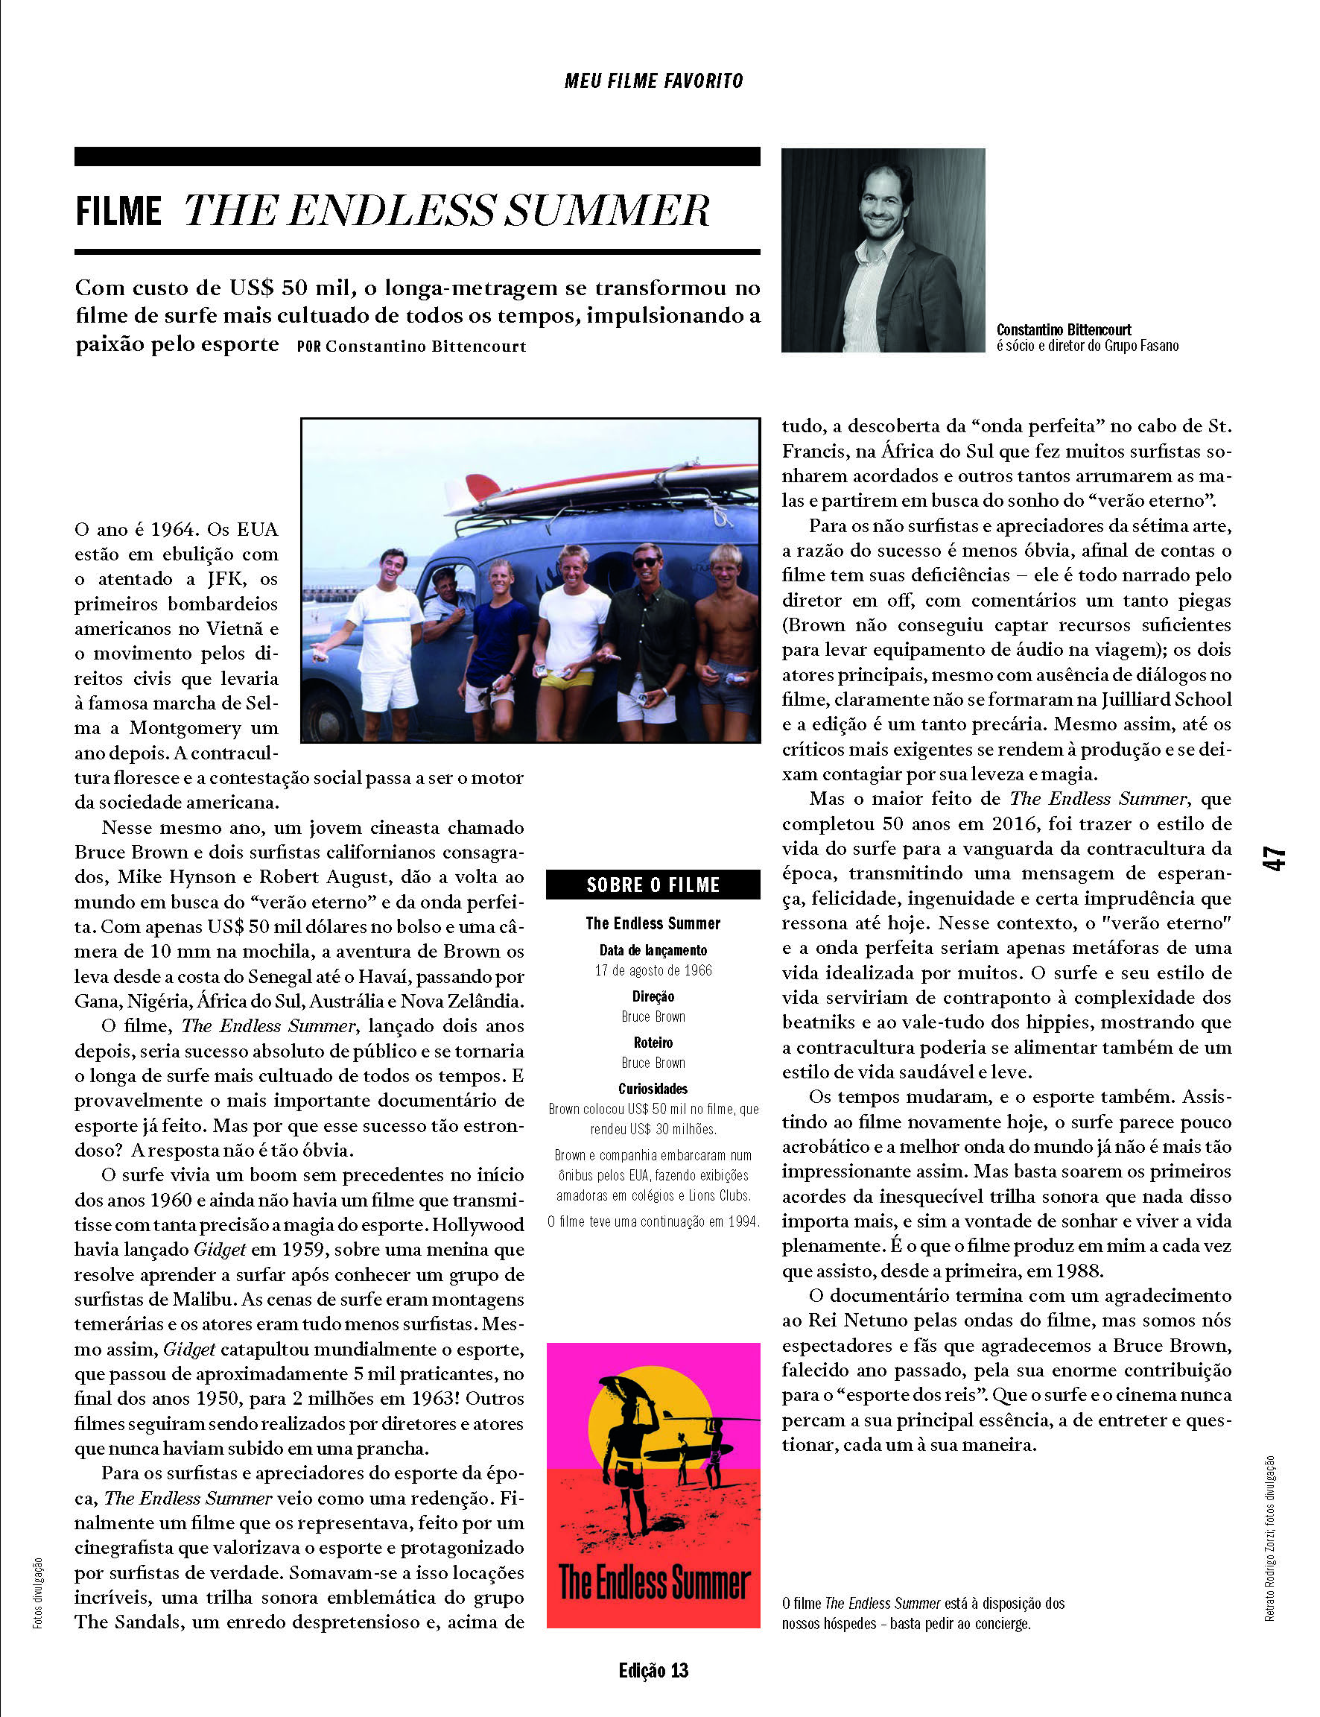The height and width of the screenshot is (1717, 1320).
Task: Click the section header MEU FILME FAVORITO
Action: click(653, 81)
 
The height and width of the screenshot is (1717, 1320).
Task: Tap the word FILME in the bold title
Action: click(118, 212)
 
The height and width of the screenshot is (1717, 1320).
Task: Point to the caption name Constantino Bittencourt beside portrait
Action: click(1063, 330)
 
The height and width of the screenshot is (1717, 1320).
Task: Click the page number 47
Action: click(1274, 858)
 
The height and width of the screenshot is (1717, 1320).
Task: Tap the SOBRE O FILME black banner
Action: click(653, 885)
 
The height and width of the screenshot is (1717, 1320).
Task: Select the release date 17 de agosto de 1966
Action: click(653, 970)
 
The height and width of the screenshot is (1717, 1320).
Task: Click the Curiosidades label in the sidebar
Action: click(653, 1089)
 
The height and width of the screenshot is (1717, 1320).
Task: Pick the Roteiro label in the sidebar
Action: click(653, 1043)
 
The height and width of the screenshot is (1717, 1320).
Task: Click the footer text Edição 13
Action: click(653, 1672)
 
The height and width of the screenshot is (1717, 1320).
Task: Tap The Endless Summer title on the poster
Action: click(653, 1584)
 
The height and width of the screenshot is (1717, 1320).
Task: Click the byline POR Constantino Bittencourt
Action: click(411, 347)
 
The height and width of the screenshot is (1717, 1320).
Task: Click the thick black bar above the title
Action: click(416, 156)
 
